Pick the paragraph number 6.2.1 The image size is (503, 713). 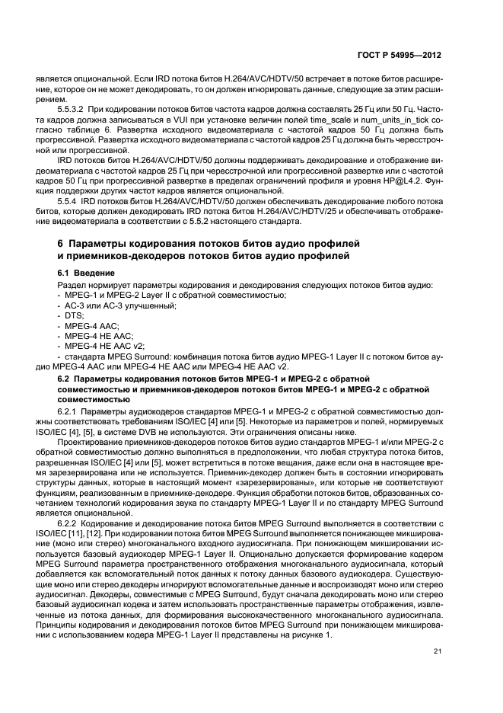point(72,411)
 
